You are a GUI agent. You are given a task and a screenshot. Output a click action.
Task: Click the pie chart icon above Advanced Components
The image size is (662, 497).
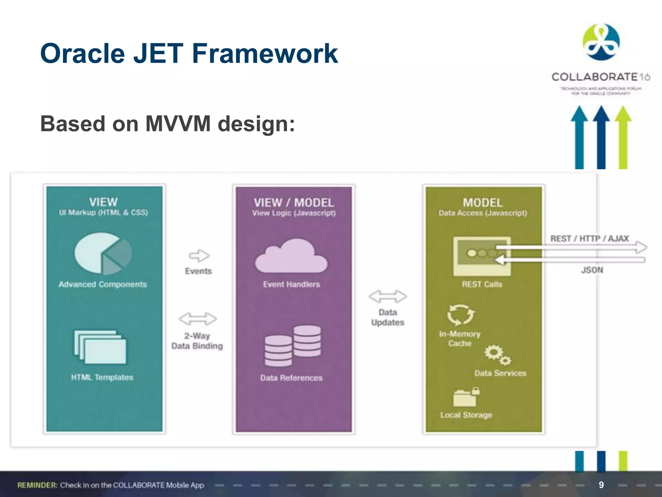[x=103, y=253]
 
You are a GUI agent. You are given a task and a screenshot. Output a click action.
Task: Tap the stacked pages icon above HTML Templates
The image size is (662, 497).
[x=100, y=347]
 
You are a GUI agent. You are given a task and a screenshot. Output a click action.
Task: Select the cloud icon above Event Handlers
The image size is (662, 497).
[x=291, y=256]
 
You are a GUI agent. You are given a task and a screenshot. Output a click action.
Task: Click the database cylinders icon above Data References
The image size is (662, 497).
[x=293, y=346]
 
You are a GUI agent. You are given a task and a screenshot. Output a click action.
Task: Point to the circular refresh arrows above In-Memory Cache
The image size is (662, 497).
[x=461, y=315]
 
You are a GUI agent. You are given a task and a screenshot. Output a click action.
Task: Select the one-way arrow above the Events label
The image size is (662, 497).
[x=199, y=256]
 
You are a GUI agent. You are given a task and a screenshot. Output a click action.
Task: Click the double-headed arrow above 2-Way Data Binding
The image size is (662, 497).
[x=198, y=319]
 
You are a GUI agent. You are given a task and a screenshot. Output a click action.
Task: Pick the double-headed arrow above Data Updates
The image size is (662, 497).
[x=388, y=296]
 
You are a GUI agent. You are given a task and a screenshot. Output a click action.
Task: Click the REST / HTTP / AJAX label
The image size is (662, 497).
[x=589, y=238]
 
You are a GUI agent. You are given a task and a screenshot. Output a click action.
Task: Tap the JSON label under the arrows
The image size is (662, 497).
[x=592, y=270]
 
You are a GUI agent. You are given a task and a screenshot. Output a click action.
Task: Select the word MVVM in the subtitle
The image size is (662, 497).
[x=178, y=124]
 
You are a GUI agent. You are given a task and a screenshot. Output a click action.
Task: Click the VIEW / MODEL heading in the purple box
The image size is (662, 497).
[x=294, y=203]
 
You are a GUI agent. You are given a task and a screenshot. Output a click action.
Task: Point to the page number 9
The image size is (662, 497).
[x=601, y=485]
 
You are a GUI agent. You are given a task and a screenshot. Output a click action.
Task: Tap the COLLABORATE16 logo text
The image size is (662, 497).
[x=600, y=77]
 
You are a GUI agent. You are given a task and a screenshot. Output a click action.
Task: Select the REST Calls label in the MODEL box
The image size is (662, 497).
[x=482, y=284]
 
